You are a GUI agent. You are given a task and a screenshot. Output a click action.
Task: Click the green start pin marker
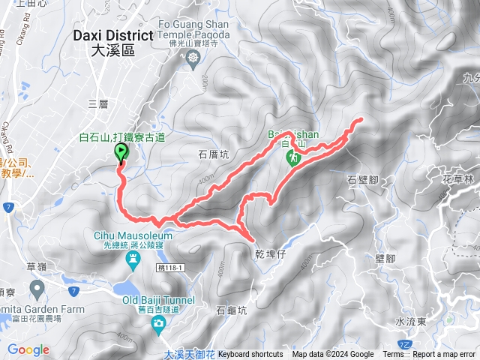click(x=121, y=152)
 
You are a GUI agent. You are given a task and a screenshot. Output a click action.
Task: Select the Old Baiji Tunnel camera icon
click(x=158, y=323)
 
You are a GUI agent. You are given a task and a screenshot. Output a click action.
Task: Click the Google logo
click(x=28, y=349)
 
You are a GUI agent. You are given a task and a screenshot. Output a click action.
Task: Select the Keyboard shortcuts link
click(x=250, y=355)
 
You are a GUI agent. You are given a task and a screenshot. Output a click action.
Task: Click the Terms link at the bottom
click(x=393, y=355)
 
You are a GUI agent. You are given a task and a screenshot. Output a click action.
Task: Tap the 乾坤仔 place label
click(x=270, y=255)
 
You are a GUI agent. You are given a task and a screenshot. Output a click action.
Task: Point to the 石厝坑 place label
click(x=214, y=154)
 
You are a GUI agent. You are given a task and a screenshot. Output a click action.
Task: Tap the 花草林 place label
click(x=459, y=180)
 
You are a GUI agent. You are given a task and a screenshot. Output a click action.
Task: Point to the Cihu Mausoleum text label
click(x=133, y=235)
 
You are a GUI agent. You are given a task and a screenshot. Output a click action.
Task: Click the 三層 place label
click(x=98, y=104)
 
